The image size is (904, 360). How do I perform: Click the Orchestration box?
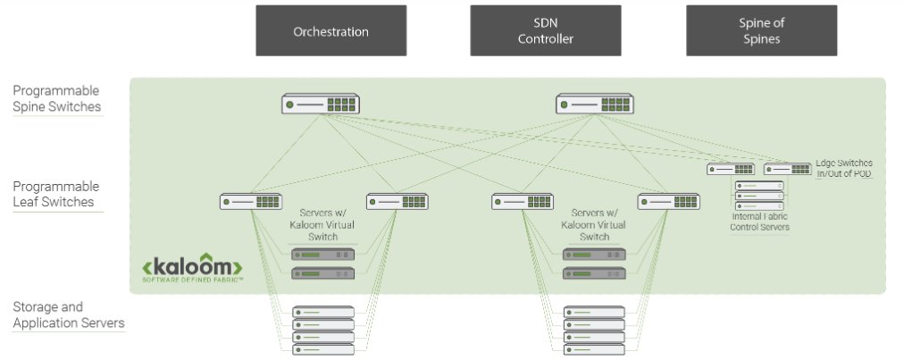coord(331,31)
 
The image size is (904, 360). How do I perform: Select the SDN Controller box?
coord(545,31)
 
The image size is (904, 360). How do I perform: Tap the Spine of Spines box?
coord(761,31)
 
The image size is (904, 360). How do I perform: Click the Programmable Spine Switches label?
coord(56,99)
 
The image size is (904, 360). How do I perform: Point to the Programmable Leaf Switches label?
coord(56,195)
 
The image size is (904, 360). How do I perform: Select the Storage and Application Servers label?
coord(68,315)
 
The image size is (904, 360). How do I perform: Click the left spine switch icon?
coord(321,105)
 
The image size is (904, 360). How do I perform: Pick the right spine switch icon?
coord(595,105)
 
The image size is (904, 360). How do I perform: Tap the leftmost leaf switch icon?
coord(250,202)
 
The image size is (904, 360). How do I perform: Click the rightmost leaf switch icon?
coord(668,202)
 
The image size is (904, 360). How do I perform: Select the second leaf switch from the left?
coord(397,202)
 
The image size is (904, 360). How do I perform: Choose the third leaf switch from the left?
coord(523,202)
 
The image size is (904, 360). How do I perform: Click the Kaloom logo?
coord(192,269)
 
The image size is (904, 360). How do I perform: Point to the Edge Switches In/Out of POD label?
coord(843,168)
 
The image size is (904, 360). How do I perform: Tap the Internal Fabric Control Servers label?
coord(760,222)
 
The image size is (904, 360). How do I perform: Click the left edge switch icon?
coord(731,169)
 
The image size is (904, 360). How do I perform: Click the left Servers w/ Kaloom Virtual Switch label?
coord(323,225)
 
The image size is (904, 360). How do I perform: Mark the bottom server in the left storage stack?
coord(323,349)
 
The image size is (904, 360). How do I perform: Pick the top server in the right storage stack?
coord(594,312)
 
